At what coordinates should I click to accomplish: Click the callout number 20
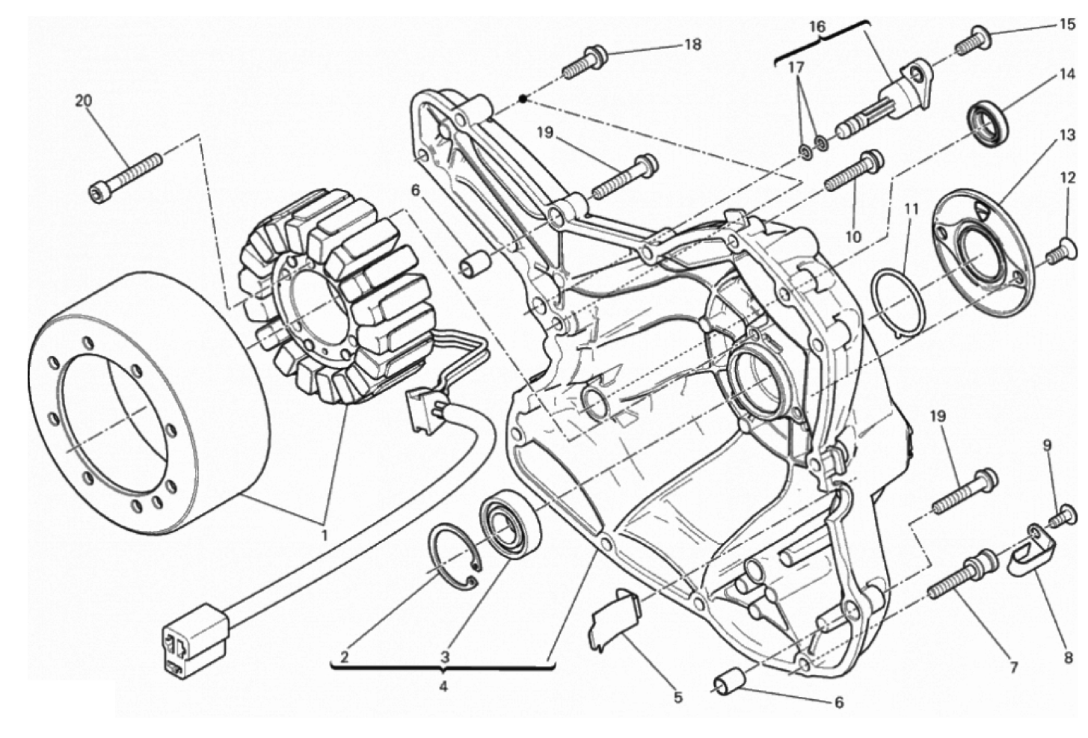coord(83,99)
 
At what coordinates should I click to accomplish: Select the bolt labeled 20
coord(126,173)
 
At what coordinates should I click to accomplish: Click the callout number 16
coord(817,27)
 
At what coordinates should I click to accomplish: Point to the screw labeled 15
coord(971,40)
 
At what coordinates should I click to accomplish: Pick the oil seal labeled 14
coord(987,120)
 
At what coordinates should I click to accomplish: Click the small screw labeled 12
coord(1060,251)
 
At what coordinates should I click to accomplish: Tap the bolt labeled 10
coord(852,172)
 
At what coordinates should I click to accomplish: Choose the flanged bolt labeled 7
coord(962,576)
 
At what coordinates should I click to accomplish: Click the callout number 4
coord(443,686)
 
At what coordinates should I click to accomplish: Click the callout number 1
coord(325,535)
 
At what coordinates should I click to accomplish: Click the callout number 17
coord(796,67)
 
